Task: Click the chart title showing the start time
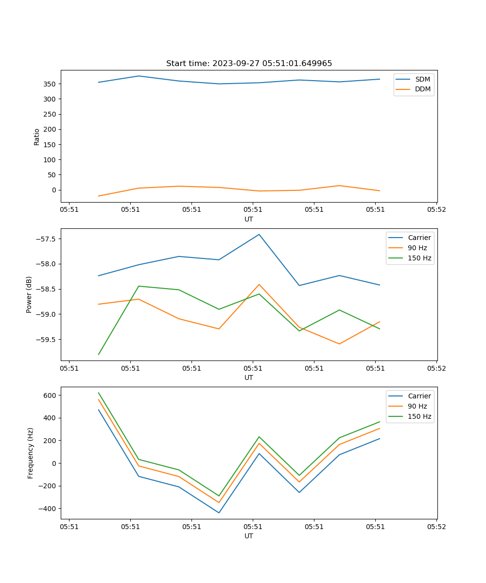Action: pyautogui.click(x=249, y=64)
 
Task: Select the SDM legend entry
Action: pyautogui.click(x=422, y=79)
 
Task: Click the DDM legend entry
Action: pyautogui.click(x=422, y=89)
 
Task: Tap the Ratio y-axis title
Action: pyautogui.click(x=37, y=137)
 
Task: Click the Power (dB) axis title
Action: pyautogui.click(x=29, y=294)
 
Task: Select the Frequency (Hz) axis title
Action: pyautogui.click(x=30, y=453)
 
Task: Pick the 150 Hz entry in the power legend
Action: pyautogui.click(x=419, y=258)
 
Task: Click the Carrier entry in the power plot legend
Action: pyautogui.click(x=419, y=238)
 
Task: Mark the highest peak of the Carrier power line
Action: pyautogui.click(x=259, y=234)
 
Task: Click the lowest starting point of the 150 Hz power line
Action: pyautogui.click(x=99, y=354)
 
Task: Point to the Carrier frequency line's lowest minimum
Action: pyautogui.click(x=219, y=513)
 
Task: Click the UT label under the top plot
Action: pyautogui.click(x=249, y=219)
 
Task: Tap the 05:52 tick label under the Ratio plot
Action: pyautogui.click(x=436, y=210)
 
